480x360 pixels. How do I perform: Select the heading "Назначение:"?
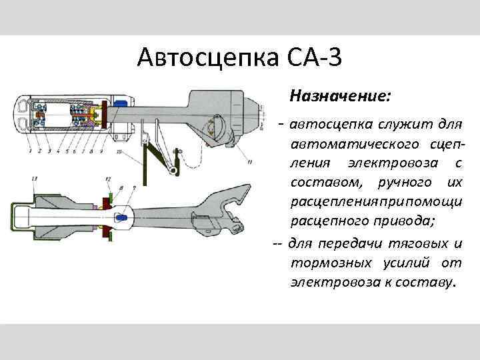(x=339, y=97)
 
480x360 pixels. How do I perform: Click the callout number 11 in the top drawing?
(x=249, y=161)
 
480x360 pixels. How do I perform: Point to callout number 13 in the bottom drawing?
(x=34, y=179)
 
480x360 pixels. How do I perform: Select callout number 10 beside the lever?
(x=119, y=152)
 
